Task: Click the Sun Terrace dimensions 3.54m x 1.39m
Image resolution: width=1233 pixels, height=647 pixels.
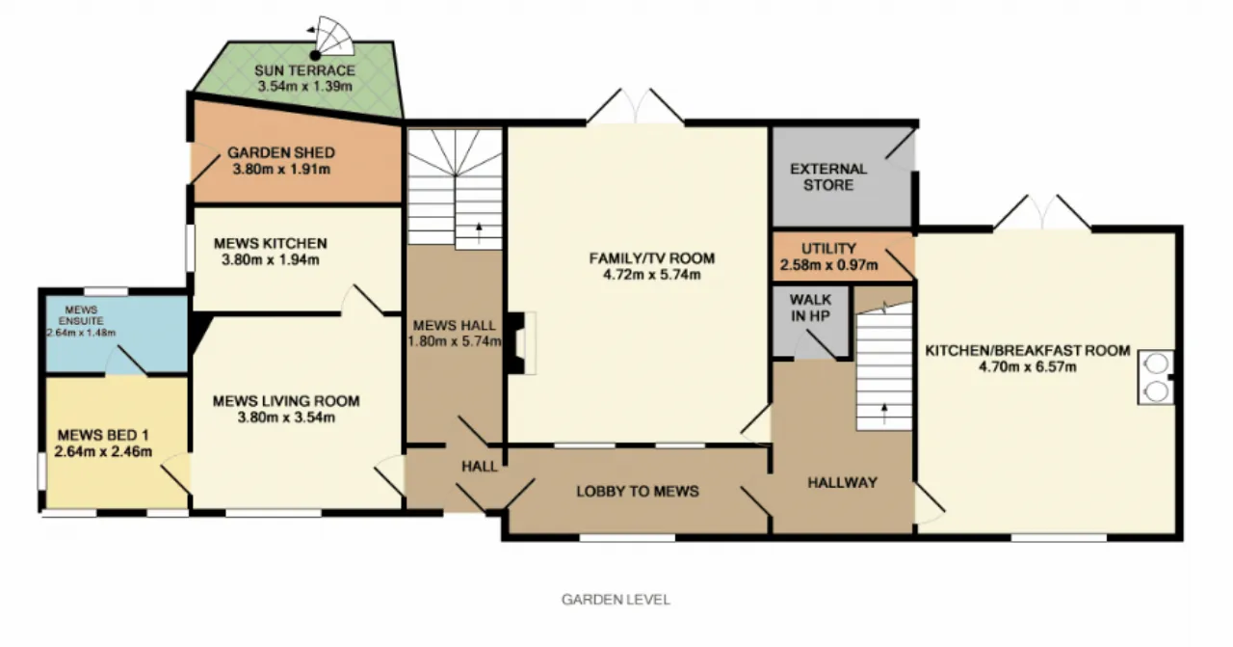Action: pyautogui.click(x=305, y=87)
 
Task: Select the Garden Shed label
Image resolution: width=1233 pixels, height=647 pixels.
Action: pyautogui.click(x=281, y=152)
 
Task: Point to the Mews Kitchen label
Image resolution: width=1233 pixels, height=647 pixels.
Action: pyautogui.click(x=271, y=243)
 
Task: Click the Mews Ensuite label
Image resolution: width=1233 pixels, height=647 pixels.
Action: pyautogui.click(x=82, y=314)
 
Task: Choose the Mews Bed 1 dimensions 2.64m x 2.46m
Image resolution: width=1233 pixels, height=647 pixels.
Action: pyautogui.click(x=103, y=452)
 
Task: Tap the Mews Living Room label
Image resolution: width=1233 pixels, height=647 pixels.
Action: pyautogui.click(x=286, y=401)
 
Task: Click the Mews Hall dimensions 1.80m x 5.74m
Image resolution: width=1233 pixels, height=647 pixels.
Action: pyautogui.click(x=455, y=341)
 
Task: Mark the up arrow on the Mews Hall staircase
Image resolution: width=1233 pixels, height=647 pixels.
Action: pyautogui.click(x=479, y=233)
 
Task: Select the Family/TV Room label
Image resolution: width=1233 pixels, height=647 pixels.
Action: pyautogui.click(x=652, y=257)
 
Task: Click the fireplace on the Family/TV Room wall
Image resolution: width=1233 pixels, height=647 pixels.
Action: pyautogui.click(x=521, y=343)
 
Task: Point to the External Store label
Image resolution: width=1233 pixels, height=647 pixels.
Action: pyautogui.click(x=828, y=176)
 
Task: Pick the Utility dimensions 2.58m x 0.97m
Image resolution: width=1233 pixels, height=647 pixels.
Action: pyautogui.click(x=829, y=265)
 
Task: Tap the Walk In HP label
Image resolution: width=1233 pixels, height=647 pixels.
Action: pyautogui.click(x=810, y=308)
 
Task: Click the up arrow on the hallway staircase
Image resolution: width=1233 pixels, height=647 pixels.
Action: pyautogui.click(x=884, y=414)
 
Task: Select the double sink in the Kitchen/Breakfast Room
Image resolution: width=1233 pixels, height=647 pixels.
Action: pyautogui.click(x=1156, y=378)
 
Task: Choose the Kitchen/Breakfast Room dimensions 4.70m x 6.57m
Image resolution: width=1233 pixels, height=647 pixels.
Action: pyautogui.click(x=1028, y=367)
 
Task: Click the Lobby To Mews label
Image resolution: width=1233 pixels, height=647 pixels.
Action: pyautogui.click(x=638, y=491)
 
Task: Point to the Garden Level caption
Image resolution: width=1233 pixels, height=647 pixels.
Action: pyautogui.click(x=616, y=599)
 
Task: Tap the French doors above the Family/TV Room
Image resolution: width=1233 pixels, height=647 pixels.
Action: pyautogui.click(x=636, y=106)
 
